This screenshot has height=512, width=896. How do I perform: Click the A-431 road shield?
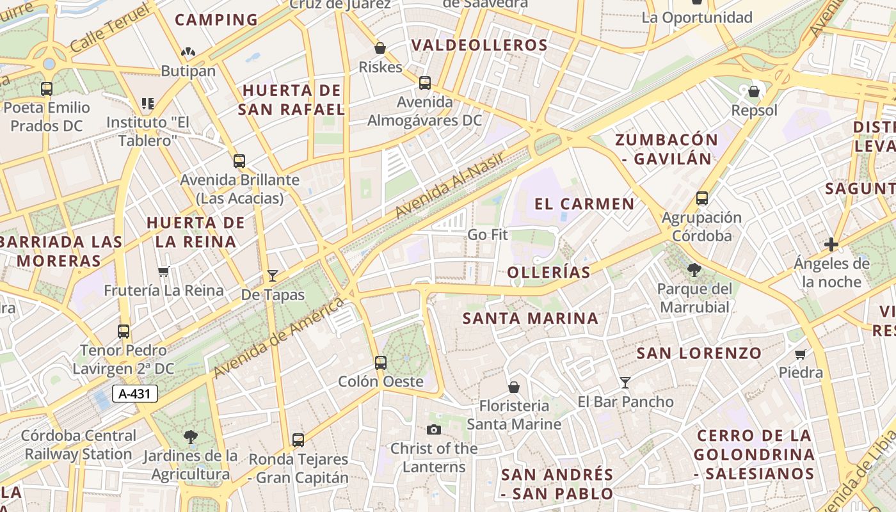pos(135,394)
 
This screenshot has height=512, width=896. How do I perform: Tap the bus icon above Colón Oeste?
pos(381,363)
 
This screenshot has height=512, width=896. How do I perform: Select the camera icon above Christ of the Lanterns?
pos(434,429)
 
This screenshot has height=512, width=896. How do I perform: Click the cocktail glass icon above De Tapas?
pos(273,276)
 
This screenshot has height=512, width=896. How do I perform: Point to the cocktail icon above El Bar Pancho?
pos(625,383)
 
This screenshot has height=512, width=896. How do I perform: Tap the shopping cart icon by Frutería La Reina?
pos(164,271)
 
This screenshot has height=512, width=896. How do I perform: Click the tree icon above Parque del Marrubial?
pos(694,270)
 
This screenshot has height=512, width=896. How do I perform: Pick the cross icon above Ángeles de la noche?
pos(831,244)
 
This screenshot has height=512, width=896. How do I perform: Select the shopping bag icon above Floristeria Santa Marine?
pos(513,387)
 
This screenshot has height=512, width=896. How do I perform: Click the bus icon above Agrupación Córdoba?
pos(702,198)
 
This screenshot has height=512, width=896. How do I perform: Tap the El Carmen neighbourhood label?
pos(584,204)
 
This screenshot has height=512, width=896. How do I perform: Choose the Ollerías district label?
pos(548,273)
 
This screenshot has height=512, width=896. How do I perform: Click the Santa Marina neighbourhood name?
pos(531,318)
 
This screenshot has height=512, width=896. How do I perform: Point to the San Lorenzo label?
pos(699,353)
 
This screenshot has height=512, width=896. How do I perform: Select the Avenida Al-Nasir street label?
pos(450,184)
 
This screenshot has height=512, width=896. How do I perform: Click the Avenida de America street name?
pos(279,339)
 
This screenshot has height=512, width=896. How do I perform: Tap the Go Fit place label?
pos(488,235)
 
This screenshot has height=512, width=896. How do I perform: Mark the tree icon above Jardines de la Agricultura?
pos(190,437)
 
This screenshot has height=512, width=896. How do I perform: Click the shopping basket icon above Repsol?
pos(754,92)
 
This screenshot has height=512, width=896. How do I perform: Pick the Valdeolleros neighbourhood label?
pos(479,45)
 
